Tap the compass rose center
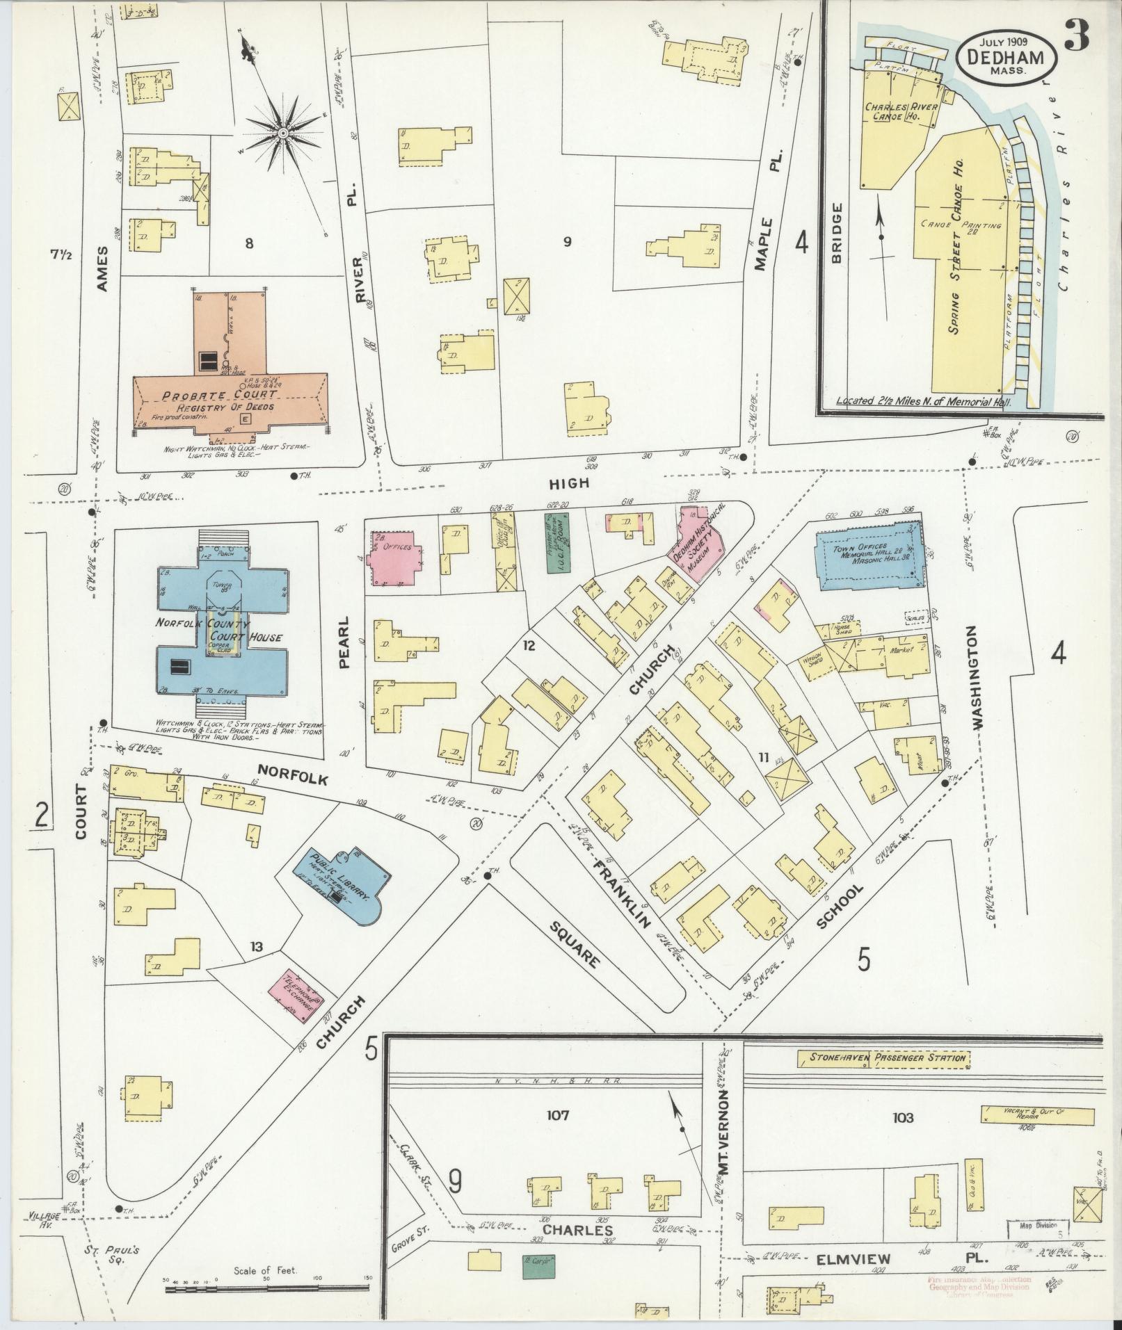coord(283,133)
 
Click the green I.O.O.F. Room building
coord(558,543)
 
